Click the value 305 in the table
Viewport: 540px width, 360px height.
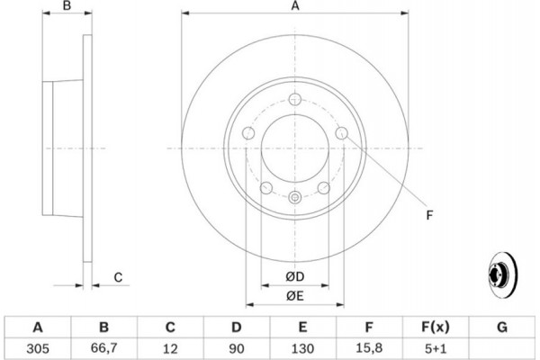(38, 348)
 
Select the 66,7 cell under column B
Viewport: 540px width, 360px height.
(103, 348)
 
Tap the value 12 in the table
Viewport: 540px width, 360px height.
(170, 348)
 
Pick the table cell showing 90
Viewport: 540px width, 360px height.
(236, 348)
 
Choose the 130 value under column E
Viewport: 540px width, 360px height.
(302, 348)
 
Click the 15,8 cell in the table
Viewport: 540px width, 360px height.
(369, 348)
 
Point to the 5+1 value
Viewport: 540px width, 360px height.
(436, 348)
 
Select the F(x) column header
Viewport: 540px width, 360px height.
(436, 327)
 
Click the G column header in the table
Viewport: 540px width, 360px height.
(502, 327)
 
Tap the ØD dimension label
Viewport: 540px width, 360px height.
(295, 276)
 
